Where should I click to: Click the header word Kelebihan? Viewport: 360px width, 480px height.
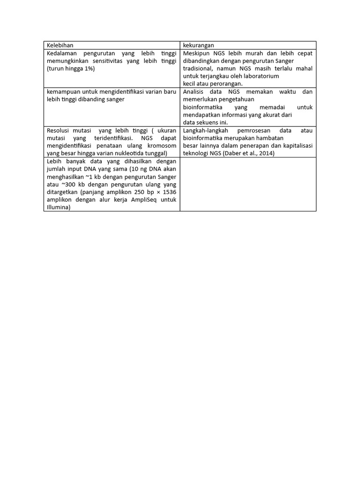click(x=60, y=45)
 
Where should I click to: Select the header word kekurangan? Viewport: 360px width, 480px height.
click(x=198, y=45)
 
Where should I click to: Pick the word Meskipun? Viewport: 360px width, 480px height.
click(x=196, y=53)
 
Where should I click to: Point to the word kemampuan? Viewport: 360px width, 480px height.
click(x=63, y=92)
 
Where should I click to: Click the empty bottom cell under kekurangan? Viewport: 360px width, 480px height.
click(x=247, y=184)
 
